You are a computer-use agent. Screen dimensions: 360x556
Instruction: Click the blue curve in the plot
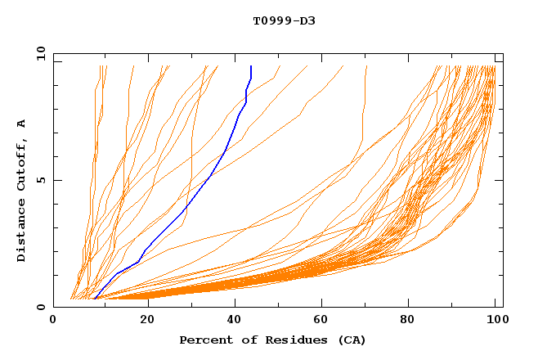pos(211,175)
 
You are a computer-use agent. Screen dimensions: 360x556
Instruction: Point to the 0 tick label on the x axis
pos(53,320)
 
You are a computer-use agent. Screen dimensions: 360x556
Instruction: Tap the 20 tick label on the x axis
pos(146,320)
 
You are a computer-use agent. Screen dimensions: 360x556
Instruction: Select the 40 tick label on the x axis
pos(235,320)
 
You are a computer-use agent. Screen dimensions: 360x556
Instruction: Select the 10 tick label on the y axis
pos(39,53)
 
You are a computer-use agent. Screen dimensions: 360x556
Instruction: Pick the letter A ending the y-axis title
pos(21,124)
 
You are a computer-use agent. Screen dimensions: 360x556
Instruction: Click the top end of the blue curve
pos(250,67)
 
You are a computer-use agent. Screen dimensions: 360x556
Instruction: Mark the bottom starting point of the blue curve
pos(96,298)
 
